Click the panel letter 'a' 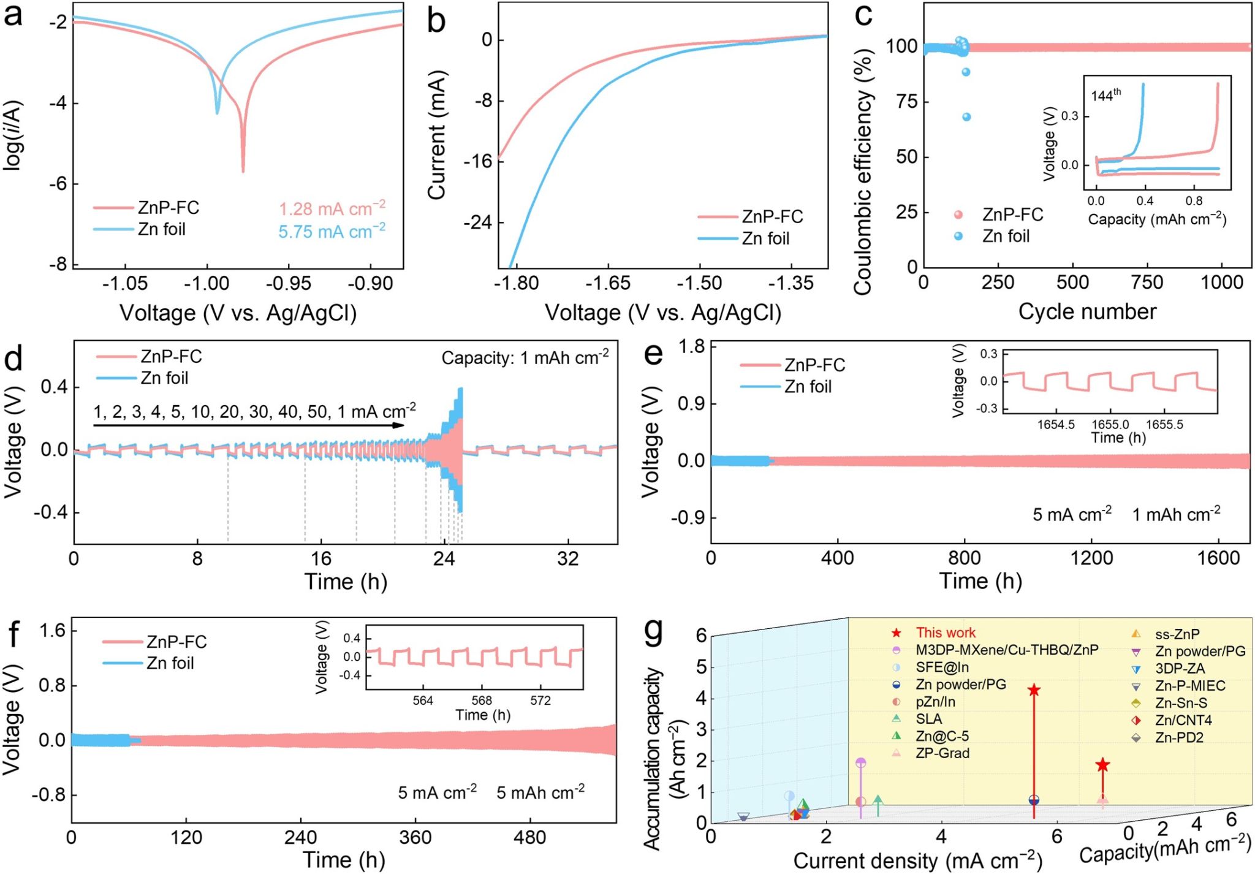click(x=13, y=15)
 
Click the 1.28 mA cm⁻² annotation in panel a click(x=332, y=209)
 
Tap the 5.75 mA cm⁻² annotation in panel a click(x=332, y=232)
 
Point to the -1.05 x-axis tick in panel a click(x=125, y=284)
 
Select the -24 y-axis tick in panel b click(x=478, y=222)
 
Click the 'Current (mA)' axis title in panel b click(x=437, y=135)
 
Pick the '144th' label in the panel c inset click(x=1106, y=95)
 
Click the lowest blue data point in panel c click(x=966, y=117)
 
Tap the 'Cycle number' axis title click(x=1087, y=311)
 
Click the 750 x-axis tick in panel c click(x=1147, y=283)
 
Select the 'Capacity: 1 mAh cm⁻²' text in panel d click(x=525, y=357)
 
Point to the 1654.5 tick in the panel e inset click(x=1056, y=425)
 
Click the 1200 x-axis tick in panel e click(x=1092, y=558)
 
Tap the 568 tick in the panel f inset click(x=482, y=701)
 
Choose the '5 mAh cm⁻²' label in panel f click(x=540, y=792)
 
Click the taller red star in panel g click(x=1034, y=691)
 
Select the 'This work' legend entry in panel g click(x=946, y=633)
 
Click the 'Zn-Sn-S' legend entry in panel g click(x=1181, y=703)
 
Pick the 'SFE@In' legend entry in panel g click(x=942, y=667)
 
